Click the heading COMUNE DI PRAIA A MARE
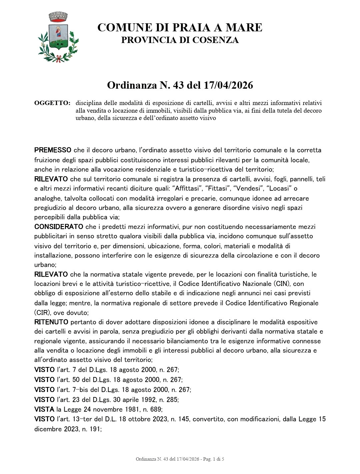[180, 28]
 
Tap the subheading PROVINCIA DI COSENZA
[180, 40]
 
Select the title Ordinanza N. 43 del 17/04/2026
[180, 86]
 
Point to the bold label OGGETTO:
[52, 103]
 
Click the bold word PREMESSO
[53, 150]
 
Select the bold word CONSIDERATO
[59, 227]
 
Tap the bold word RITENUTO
[51, 322]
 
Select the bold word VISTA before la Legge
[44, 409]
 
